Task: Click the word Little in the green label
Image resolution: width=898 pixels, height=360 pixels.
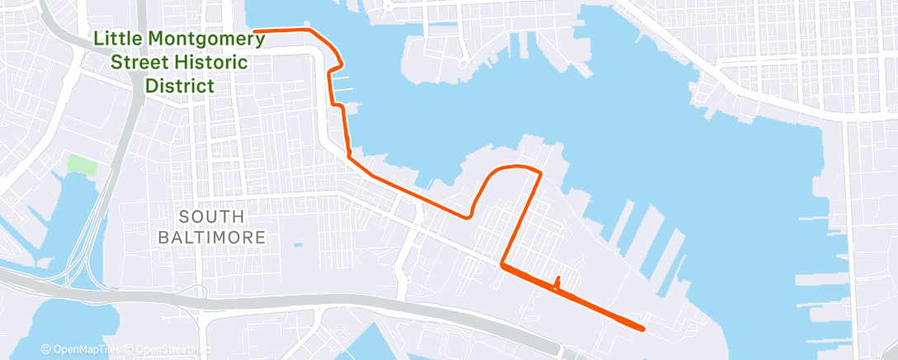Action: [119, 38]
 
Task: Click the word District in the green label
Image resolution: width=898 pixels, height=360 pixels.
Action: [180, 85]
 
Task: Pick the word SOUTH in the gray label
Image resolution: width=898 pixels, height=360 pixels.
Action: [211, 216]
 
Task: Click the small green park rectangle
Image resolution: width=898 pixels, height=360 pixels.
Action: [81, 163]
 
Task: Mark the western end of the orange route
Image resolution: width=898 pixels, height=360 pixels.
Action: [255, 31]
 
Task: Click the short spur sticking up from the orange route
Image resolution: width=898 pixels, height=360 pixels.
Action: [559, 281]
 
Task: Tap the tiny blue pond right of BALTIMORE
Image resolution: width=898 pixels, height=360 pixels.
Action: [297, 244]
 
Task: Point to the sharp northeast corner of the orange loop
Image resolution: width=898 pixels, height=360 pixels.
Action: [541, 173]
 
